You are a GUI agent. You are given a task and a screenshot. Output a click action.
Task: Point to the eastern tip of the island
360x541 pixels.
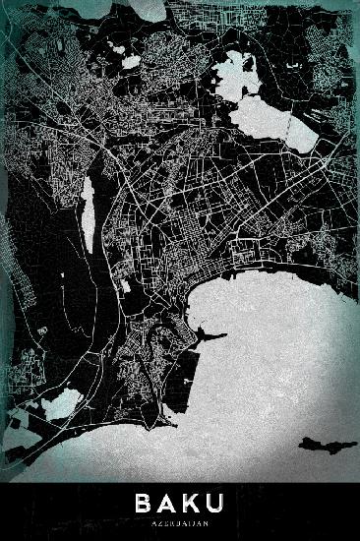[355, 441]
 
